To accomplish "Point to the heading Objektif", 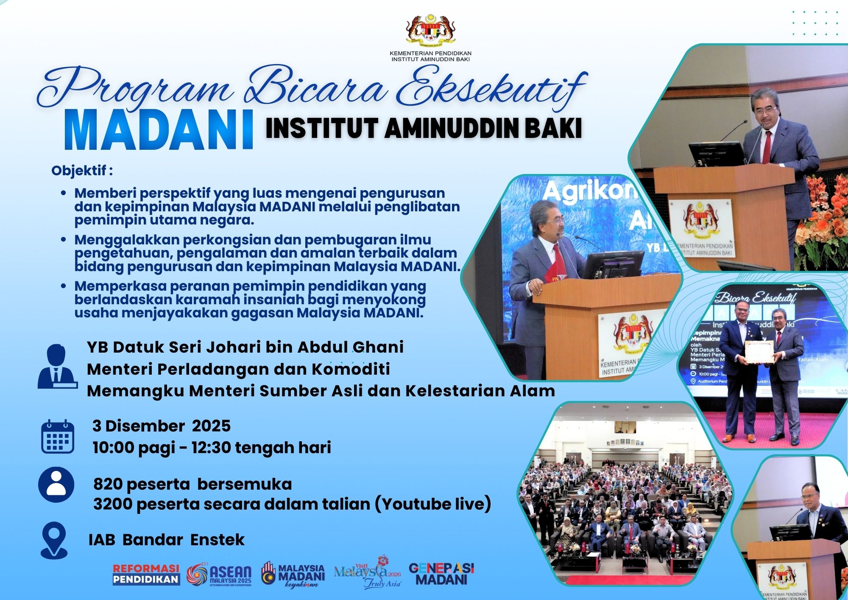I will pos(82,171).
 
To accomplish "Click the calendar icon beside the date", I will pos(58,437).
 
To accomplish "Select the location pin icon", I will pos(54,540).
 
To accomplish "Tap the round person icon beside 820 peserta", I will pos(56,484).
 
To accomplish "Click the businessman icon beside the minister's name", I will pos(57,367).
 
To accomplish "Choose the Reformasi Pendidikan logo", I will pos(146,575).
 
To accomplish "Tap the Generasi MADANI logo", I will pos(441,574).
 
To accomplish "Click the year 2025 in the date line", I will pos(211,426).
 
